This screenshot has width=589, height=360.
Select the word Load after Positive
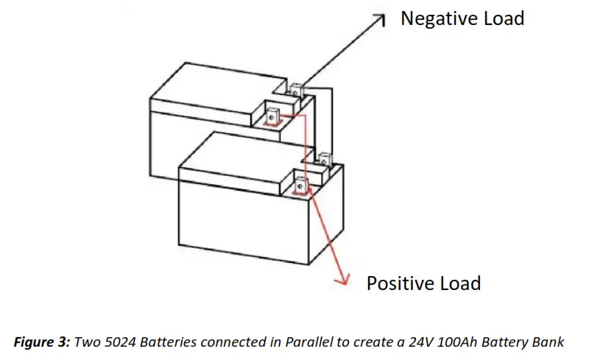coord(459,283)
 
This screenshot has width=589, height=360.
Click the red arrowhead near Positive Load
coord(342,280)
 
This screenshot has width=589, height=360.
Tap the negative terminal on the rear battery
coord(296,92)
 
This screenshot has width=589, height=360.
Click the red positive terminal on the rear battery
coord(272,116)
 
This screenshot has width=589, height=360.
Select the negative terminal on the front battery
coord(324,158)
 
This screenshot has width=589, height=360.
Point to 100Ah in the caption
coord(448,342)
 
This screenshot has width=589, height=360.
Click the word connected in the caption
coord(230,342)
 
